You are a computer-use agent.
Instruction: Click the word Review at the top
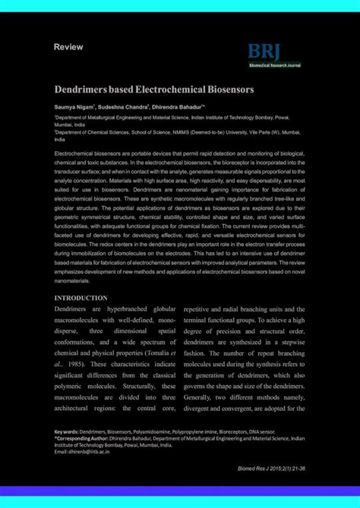tap(68, 47)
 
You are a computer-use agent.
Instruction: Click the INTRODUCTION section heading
tap(81, 298)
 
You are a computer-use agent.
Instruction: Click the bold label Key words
tap(66, 431)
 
